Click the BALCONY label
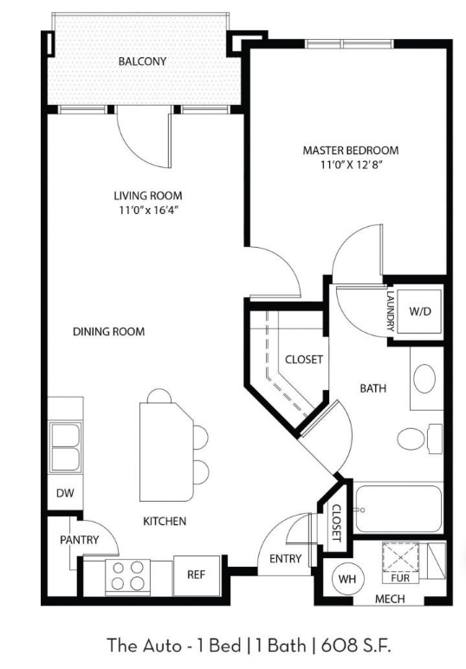tap(142, 62)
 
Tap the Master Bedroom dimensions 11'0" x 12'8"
tap(351, 165)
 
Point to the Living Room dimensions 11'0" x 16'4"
tap(148, 211)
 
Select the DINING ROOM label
tap(109, 332)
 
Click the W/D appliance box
tap(420, 311)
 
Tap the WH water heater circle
tap(347, 579)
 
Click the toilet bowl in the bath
tap(411, 438)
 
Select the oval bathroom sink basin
tap(424, 379)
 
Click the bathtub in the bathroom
tap(398, 508)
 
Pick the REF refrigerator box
tap(197, 575)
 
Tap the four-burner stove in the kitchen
tap(128, 575)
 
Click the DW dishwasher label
tap(65, 493)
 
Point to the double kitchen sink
tap(65, 447)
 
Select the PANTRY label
tap(80, 540)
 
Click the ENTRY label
tap(285, 558)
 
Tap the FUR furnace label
tap(400, 578)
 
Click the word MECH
tap(390, 599)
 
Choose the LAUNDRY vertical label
tap(390, 311)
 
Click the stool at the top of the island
tap(159, 396)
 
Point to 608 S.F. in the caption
tap(356, 645)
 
